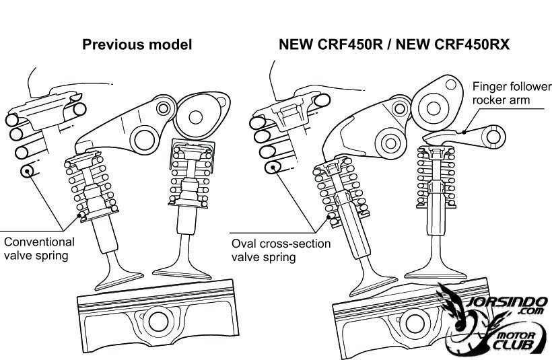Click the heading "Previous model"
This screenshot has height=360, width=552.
click(x=137, y=45)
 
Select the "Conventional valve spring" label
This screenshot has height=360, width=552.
click(x=39, y=248)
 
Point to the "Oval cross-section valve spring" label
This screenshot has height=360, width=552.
click(x=281, y=250)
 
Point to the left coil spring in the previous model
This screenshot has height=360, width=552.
click(x=87, y=185)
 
